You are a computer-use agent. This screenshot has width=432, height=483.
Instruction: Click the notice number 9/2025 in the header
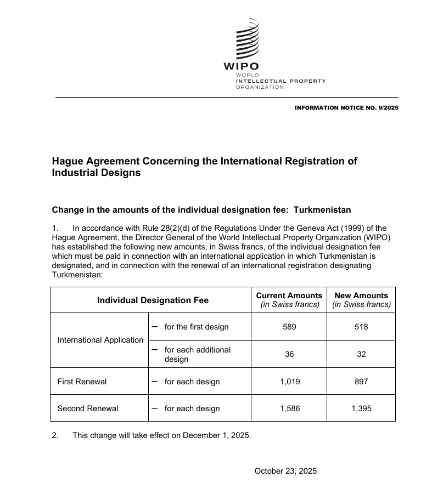(388, 107)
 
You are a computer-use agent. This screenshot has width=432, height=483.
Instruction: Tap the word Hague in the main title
(69, 161)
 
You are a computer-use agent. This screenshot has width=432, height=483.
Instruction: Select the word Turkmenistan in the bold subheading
(322, 210)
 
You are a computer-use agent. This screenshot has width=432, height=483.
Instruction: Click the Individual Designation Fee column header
(153, 300)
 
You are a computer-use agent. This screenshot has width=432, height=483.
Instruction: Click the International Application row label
(100, 340)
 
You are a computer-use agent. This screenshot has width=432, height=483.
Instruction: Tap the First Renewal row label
(82, 382)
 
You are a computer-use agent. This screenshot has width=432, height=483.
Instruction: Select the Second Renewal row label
(87, 408)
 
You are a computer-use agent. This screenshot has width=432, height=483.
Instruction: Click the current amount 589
(289, 327)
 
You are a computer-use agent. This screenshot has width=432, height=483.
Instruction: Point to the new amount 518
(361, 327)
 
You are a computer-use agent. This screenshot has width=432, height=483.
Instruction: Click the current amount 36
(289, 354)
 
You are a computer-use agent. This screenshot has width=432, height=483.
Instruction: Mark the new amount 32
(361, 354)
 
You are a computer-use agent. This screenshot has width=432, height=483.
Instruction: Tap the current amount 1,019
(289, 382)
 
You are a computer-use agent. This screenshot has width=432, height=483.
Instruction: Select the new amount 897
(361, 382)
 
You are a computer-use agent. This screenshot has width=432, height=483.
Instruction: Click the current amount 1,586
(289, 408)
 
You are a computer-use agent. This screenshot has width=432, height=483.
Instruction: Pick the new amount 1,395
(361, 408)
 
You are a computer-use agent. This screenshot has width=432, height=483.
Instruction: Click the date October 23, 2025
(285, 471)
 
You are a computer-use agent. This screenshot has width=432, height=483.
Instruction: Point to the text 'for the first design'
(197, 327)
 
